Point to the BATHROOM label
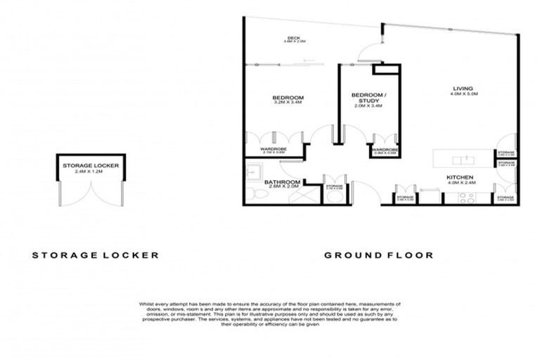click(x=283, y=182)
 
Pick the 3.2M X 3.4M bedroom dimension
click(x=288, y=103)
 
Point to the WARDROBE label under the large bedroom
click(x=270, y=149)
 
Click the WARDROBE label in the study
click(x=385, y=150)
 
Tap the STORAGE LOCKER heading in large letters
click(x=95, y=255)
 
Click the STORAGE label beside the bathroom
click(x=333, y=186)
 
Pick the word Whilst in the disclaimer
click(x=149, y=304)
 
